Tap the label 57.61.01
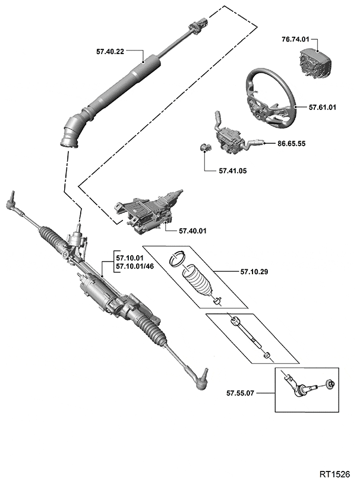coord(322,108)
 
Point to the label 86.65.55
coord(292,143)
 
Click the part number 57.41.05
coord(232,171)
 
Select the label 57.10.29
coord(254,272)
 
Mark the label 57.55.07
coord(241,393)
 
